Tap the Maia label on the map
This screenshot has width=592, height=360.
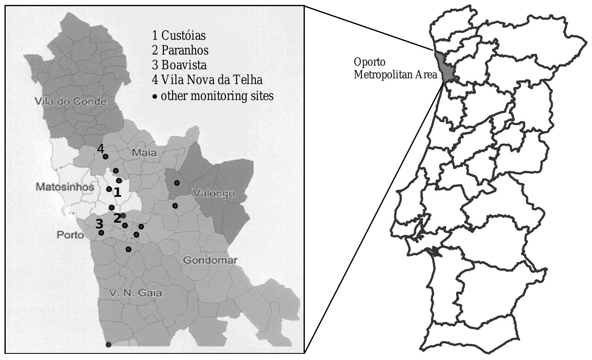point(144,153)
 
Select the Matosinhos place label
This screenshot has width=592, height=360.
point(65,187)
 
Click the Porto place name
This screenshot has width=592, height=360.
point(70,235)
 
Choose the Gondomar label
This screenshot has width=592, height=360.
point(210,260)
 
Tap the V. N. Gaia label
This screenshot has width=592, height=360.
point(136,293)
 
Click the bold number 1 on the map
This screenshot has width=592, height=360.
point(118,192)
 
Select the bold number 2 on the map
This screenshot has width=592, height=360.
point(117,218)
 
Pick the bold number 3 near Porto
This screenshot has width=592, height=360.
point(99,224)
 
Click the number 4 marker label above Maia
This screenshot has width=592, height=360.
point(101,149)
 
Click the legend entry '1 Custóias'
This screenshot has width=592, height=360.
point(179,36)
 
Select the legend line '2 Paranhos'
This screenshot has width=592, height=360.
point(180,50)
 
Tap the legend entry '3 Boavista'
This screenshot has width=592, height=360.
point(179,65)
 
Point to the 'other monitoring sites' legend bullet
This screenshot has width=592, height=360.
point(155,97)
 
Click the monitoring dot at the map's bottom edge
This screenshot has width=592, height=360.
point(108,344)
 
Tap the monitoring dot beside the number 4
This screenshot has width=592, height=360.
point(105,156)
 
